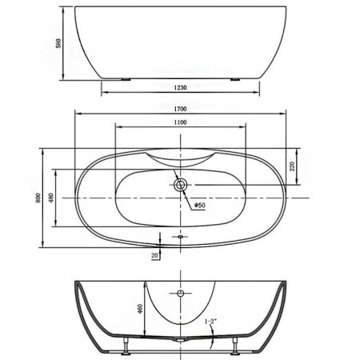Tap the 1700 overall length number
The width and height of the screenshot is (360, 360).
[180, 104]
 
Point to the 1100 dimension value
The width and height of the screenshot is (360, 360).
[180, 122]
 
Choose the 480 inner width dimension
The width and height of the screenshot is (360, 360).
[51, 198]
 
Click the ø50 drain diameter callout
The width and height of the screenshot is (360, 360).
[198, 206]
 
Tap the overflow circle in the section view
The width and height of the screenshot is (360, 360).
[180, 294]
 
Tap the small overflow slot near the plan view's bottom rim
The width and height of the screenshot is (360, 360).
[180, 237]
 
